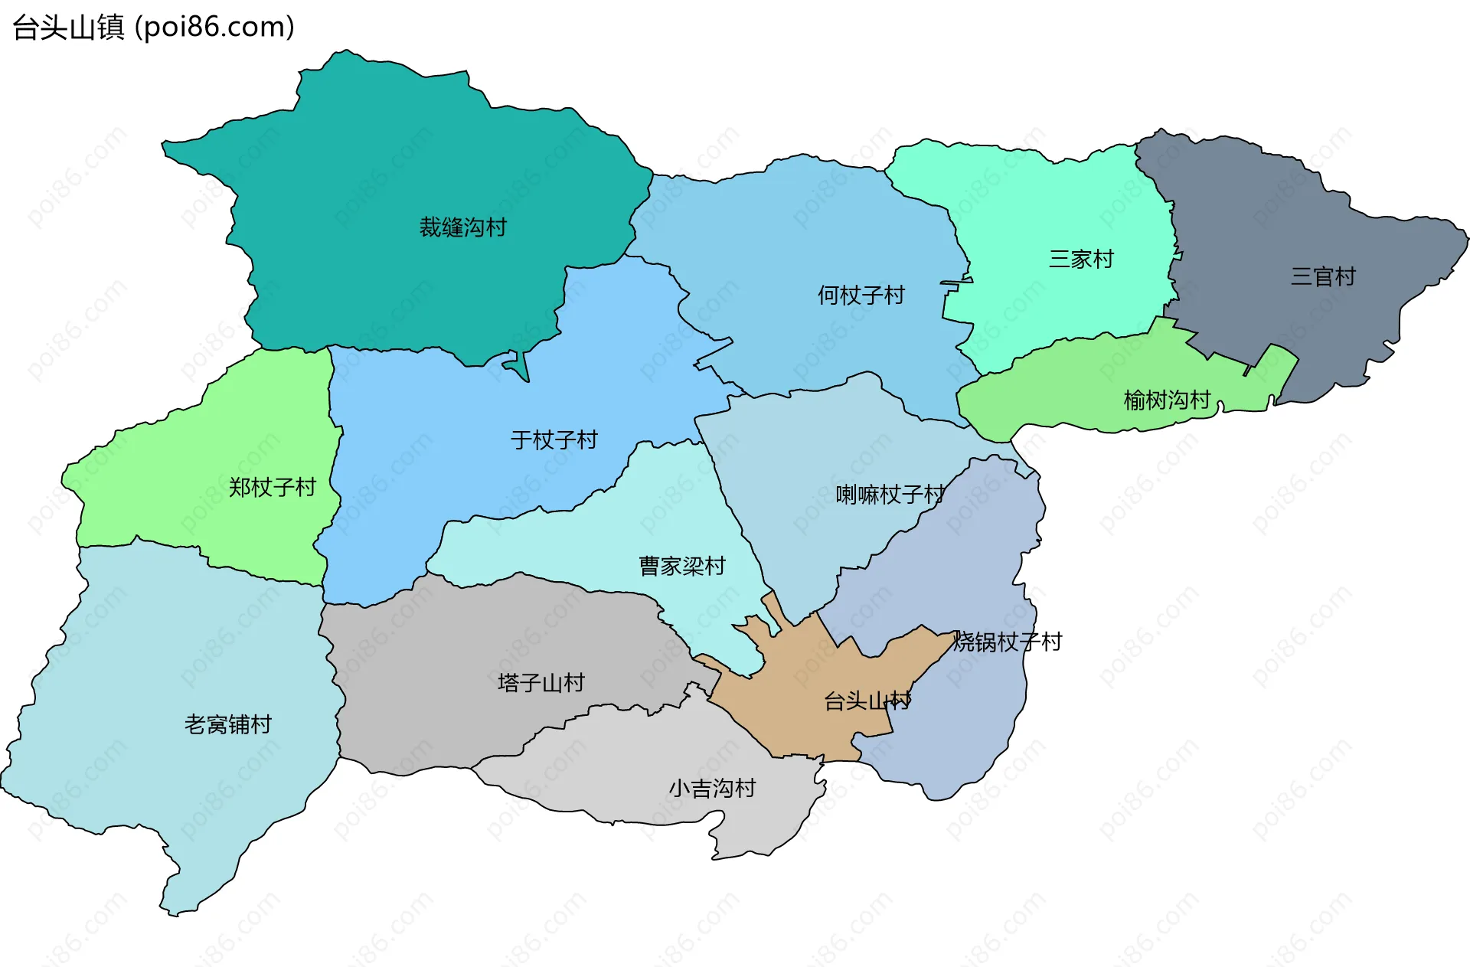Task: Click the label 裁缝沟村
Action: [x=462, y=227]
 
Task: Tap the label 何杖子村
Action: [x=861, y=296]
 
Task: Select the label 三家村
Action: [x=1081, y=260]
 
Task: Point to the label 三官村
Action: [x=1323, y=277]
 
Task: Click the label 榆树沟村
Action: [x=1167, y=400]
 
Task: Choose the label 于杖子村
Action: [x=554, y=440]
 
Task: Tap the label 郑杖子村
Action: [x=272, y=488]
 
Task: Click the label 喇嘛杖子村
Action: [x=890, y=495]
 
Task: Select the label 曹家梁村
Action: [x=682, y=567]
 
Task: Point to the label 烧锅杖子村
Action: [x=1007, y=642]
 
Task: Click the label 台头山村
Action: [x=867, y=701]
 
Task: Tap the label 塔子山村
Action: [x=541, y=683]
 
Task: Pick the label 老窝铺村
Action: [x=228, y=724]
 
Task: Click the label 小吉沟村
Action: [x=712, y=789]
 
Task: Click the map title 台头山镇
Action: [x=68, y=28]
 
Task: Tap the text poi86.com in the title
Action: [x=214, y=28]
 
